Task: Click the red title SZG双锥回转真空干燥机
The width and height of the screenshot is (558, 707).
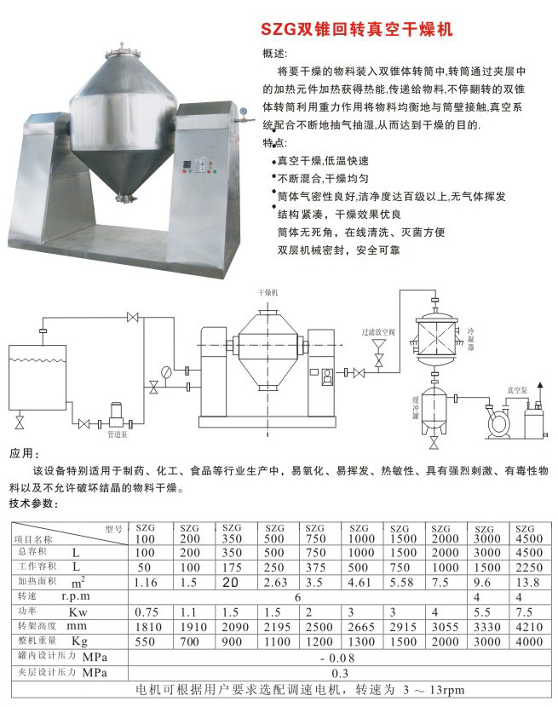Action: click(x=356, y=28)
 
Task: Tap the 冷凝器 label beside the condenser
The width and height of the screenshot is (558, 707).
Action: click(x=469, y=337)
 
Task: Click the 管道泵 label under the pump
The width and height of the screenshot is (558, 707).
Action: click(x=118, y=434)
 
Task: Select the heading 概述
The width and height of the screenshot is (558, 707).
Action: click(x=275, y=54)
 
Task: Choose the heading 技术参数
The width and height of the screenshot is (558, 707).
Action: click(x=33, y=505)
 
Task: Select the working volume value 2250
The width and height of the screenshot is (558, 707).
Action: click(x=528, y=566)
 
